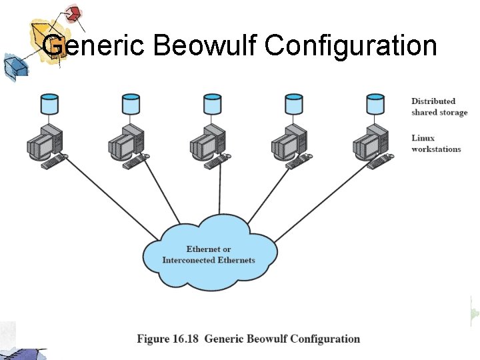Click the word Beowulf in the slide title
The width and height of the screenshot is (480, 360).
[x=205, y=45]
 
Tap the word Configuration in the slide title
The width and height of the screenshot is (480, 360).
[x=351, y=45]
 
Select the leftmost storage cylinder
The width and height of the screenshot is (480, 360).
[x=49, y=105]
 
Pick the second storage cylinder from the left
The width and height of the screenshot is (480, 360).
[x=131, y=105]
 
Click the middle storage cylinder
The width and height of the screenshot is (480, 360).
[x=212, y=105]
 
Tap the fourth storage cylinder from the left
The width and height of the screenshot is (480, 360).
[x=293, y=105]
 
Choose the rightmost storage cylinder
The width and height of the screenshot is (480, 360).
[x=375, y=105]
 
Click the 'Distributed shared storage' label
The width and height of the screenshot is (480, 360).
[x=439, y=107]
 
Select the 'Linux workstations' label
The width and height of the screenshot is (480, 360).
[x=435, y=143]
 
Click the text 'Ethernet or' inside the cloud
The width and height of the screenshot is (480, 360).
[x=209, y=249]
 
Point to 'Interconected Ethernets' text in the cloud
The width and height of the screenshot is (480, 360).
[x=209, y=260]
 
